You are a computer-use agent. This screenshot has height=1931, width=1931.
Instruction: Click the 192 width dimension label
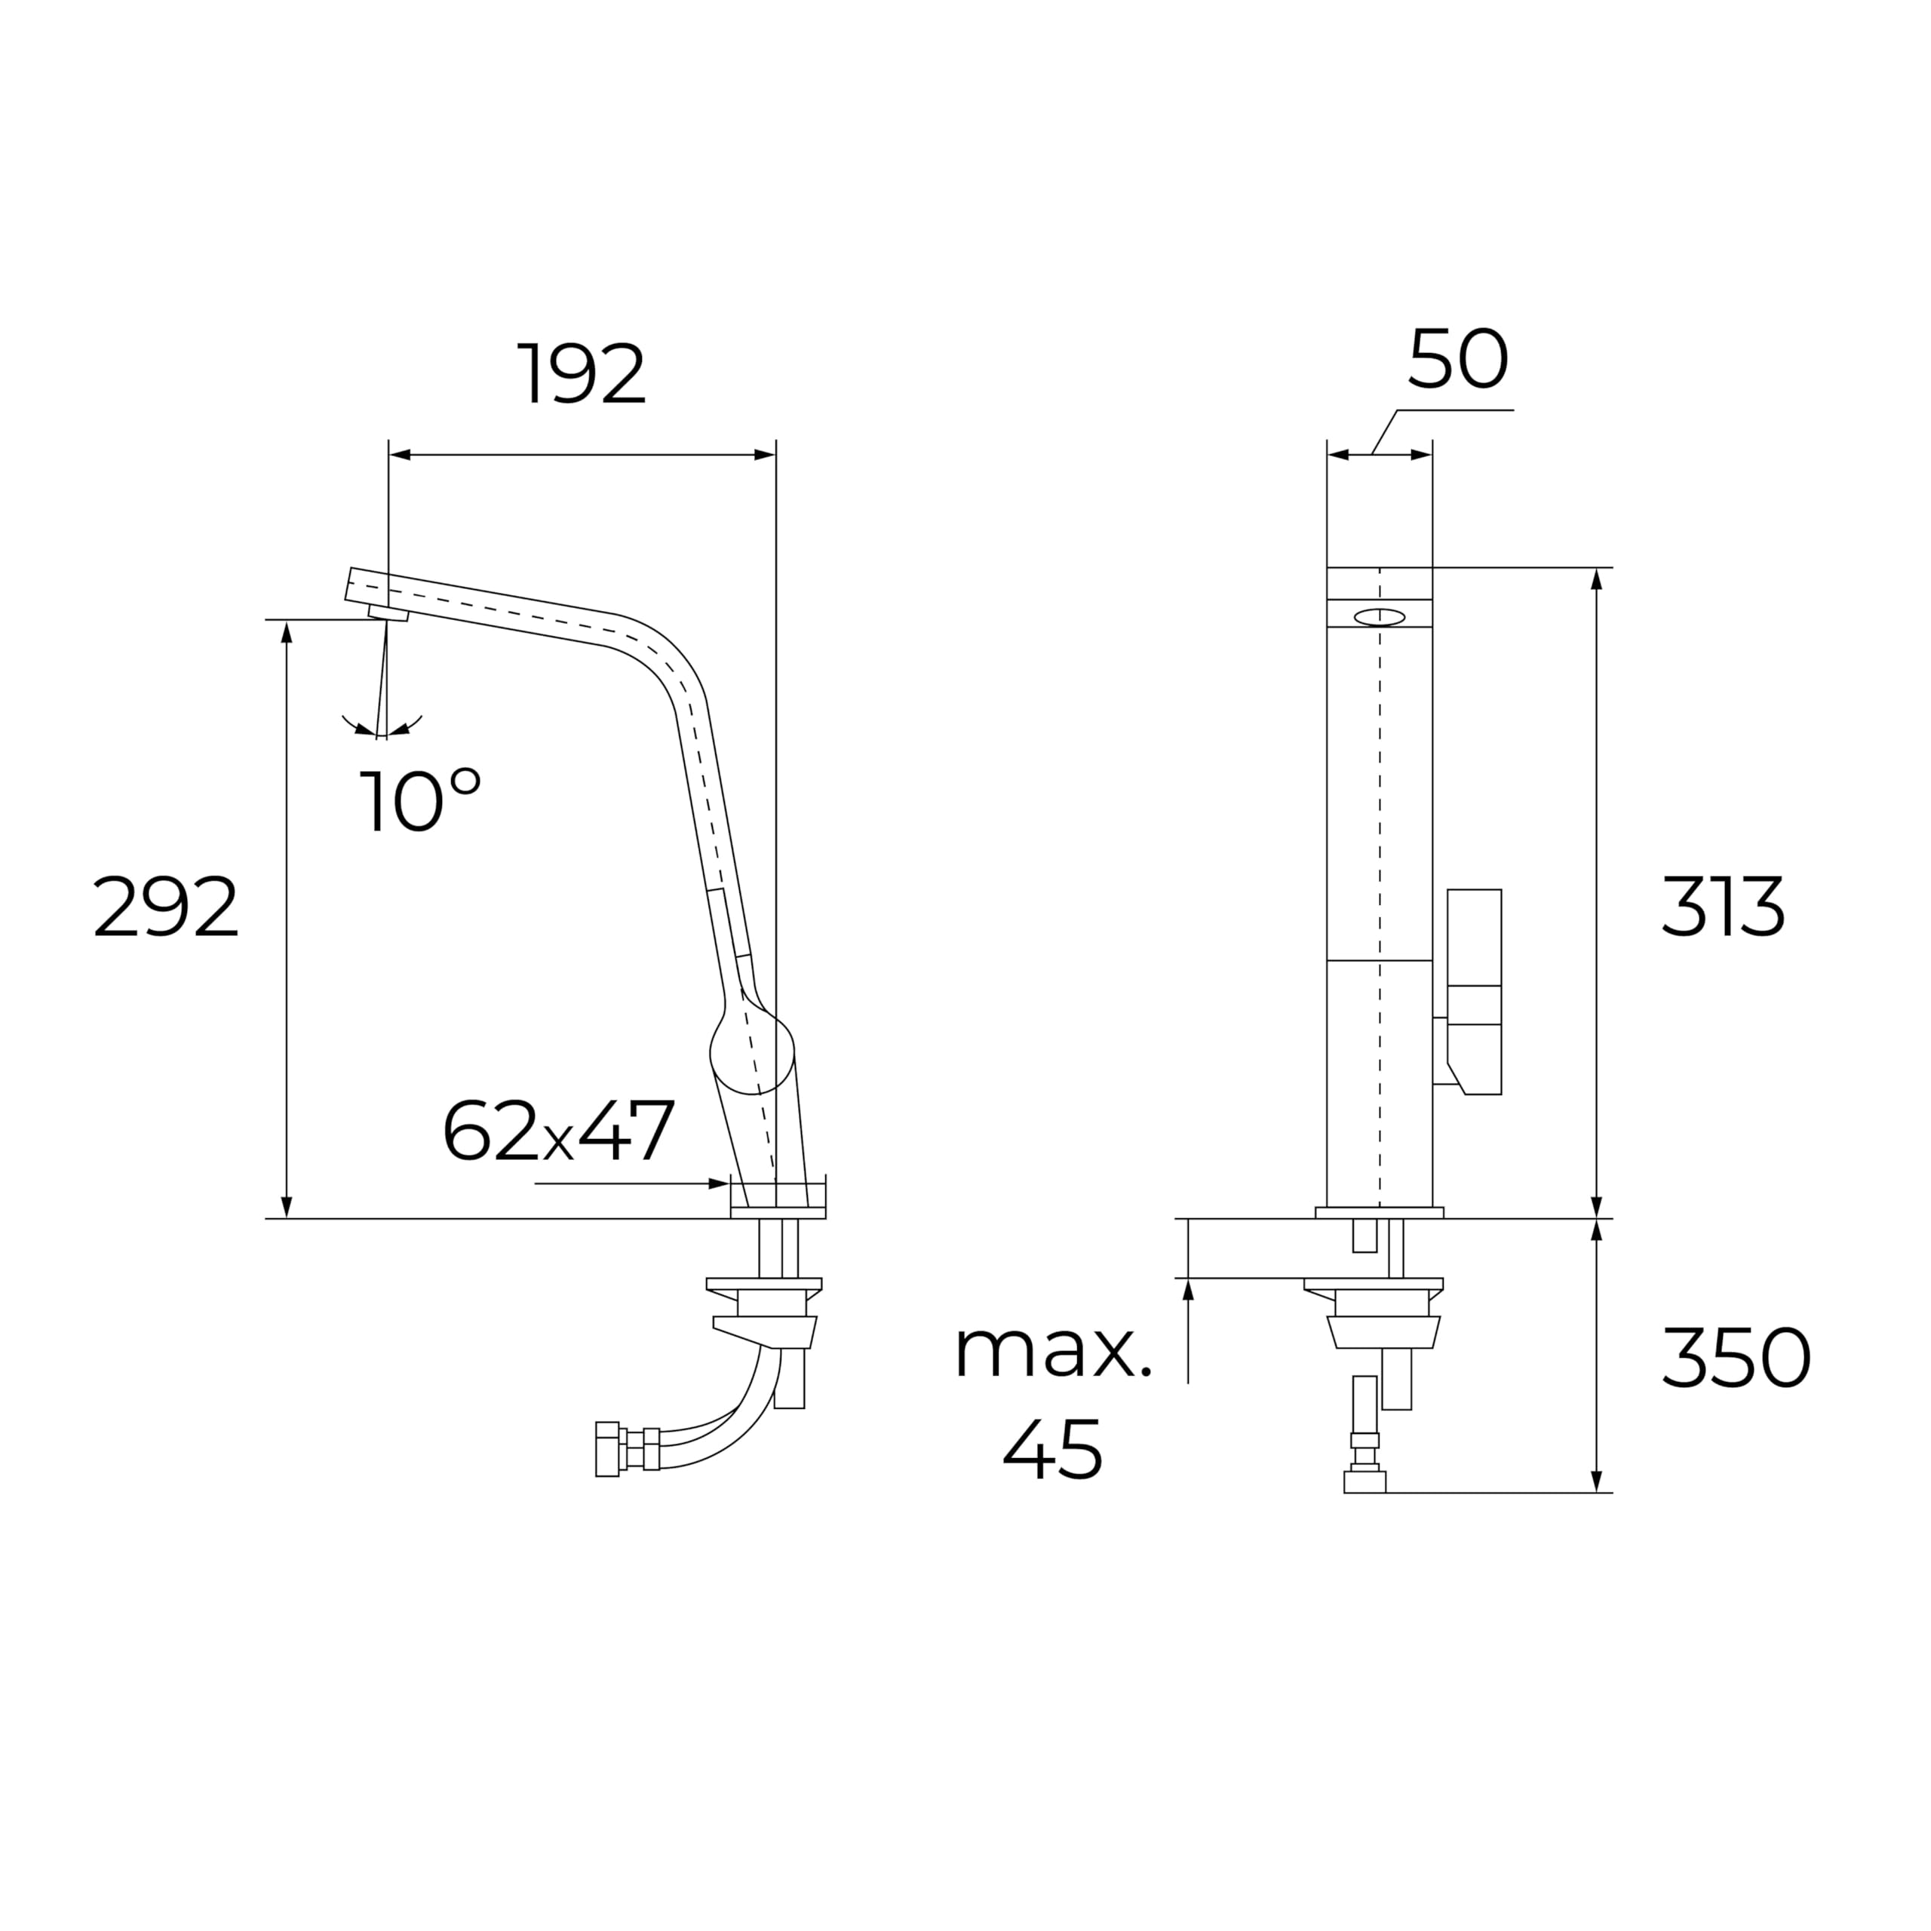click(582, 375)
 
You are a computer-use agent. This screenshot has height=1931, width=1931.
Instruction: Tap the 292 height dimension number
click(166, 907)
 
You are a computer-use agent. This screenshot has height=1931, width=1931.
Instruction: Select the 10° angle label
click(420, 800)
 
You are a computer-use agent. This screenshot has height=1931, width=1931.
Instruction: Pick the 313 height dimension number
click(1722, 907)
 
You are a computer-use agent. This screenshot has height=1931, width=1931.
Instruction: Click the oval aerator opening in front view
click(1380, 617)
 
